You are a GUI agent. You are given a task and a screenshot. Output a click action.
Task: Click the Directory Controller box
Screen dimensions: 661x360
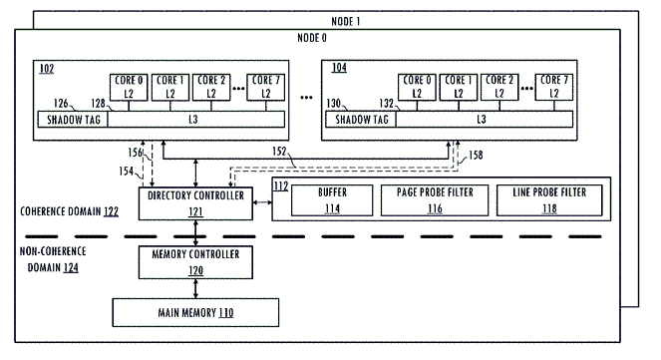click(x=195, y=203)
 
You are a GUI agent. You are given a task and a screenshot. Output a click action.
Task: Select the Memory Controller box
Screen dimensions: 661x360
click(x=195, y=262)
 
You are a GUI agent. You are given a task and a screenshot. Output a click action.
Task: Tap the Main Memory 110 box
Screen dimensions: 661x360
click(x=195, y=312)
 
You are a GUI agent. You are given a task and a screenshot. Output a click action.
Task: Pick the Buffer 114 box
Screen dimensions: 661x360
click(x=332, y=200)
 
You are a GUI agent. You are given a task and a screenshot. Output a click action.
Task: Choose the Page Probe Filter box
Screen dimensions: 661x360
click(x=435, y=200)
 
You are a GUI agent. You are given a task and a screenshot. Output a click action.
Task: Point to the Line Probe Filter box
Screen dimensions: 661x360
click(x=549, y=200)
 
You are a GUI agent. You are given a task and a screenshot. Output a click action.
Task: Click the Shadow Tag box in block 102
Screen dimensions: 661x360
click(x=73, y=120)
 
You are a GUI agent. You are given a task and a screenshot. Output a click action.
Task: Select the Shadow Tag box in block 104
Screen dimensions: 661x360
click(x=361, y=120)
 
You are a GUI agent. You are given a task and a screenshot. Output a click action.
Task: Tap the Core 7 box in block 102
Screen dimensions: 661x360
click(x=265, y=88)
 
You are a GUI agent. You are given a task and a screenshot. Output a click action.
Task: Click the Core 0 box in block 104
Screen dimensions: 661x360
click(x=417, y=88)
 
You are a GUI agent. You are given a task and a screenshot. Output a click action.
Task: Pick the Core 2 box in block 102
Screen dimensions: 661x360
click(x=211, y=88)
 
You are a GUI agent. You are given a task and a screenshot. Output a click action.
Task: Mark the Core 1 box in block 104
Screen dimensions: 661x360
click(x=459, y=88)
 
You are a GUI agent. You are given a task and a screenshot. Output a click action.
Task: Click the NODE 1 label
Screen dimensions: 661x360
click(x=346, y=21)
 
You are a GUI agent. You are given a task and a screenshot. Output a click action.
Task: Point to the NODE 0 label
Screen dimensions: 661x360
click(x=312, y=38)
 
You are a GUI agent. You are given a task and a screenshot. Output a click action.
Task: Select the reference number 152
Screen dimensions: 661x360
click(x=279, y=152)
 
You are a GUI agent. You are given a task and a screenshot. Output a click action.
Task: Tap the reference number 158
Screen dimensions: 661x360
click(x=476, y=156)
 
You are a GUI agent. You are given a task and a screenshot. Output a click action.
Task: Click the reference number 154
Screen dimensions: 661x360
click(x=126, y=171)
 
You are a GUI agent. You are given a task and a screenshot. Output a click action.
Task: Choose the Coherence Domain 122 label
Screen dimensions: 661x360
click(x=70, y=211)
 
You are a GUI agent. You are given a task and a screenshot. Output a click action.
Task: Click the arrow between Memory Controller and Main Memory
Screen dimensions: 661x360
click(x=195, y=289)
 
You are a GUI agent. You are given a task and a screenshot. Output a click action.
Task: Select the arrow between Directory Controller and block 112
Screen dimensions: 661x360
click(x=262, y=202)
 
